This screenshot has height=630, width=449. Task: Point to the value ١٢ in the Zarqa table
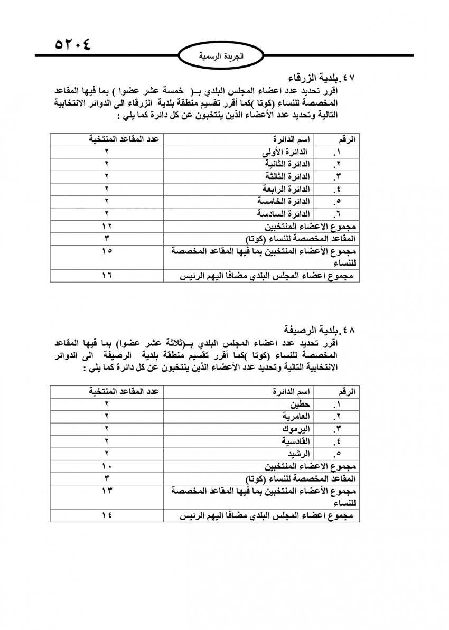(107, 226)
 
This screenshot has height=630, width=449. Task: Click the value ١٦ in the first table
(107, 276)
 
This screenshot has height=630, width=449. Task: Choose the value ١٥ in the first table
(107, 251)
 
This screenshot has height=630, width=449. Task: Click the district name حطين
(300, 404)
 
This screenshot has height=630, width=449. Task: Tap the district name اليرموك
(295, 428)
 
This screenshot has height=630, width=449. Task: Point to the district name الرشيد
(297, 453)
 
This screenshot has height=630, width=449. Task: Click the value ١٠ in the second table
(107, 466)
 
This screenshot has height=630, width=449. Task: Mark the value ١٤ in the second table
(107, 515)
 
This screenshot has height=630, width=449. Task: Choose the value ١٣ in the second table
(107, 491)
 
